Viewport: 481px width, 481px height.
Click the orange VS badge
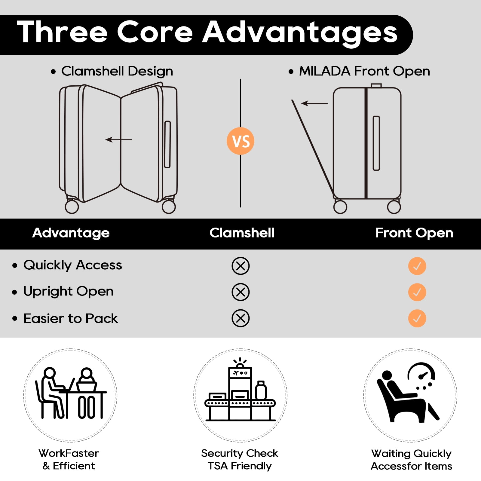click(240, 141)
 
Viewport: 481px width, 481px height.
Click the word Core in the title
click(155, 32)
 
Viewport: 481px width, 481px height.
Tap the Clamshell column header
click(242, 233)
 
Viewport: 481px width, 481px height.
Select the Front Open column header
click(414, 233)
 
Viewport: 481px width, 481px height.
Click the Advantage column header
click(71, 233)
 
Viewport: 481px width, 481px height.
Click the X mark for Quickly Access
click(240, 266)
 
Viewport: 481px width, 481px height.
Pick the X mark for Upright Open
click(240, 292)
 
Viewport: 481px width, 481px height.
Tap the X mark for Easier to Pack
click(240, 318)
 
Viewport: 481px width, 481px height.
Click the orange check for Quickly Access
click(417, 266)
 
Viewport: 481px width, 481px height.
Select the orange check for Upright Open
click(417, 292)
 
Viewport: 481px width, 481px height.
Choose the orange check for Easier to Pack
click(417, 318)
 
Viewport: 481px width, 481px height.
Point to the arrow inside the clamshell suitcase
click(119, 139)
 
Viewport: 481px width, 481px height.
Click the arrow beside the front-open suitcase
click(314, 103)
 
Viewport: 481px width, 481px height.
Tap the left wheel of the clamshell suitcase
click(72, 207)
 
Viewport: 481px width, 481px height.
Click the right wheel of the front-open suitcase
click(394, 207)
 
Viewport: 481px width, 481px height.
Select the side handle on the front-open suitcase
click(376, 143)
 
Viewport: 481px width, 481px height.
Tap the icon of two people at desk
click(71, 393)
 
